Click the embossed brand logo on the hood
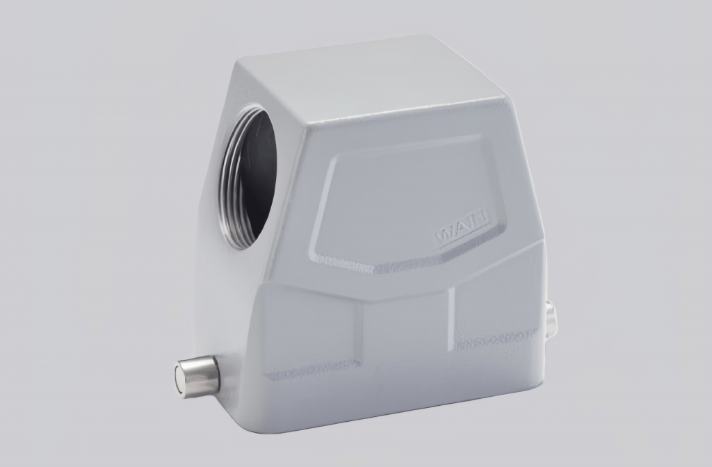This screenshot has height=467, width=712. click(x=462, y=228)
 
